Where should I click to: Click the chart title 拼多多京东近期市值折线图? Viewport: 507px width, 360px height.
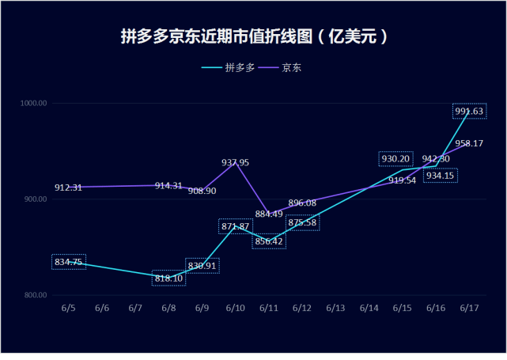tap(253, 37)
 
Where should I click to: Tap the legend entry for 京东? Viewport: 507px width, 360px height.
tap(288, 68)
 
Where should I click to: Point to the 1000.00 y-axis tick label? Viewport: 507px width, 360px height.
tap(36, 104)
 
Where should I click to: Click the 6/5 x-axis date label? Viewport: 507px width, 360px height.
tap(69, 308)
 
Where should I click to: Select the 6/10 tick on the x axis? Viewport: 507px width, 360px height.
tap(235, 308)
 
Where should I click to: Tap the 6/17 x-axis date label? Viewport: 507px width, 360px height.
tap(469, 308)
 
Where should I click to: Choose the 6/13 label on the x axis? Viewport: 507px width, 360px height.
tap(335, 308)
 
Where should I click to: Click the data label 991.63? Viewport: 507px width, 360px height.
tap(469, 112)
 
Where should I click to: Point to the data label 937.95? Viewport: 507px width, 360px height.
tap(235, 162)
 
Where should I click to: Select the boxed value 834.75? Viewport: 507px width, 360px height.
tap(69, 262)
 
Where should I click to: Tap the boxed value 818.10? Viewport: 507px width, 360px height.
tap(168, 279)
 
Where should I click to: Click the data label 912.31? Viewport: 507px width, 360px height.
tap(69, 188)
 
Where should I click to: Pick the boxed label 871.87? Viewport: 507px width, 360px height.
tap(235, 227)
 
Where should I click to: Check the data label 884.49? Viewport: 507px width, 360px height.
tap(269, 213)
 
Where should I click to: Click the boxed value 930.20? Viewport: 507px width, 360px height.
tap(395, 159)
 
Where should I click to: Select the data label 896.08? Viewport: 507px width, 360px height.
tap(302, 203)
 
